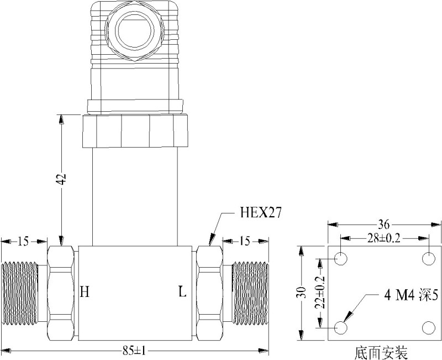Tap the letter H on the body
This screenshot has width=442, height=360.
pyautogui.click(x=85, y=291)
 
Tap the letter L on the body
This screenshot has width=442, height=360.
pyautogui.click(x=182, y=291)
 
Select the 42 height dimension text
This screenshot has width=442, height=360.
pyautogui.click(x=62, y=179)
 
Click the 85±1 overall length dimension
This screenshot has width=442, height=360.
pyautogui.click(x=134, y=350)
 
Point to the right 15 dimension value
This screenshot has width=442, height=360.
pyautogui.click(x=245, y=241)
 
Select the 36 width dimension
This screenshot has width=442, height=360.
pyautogui.click(x=384, y=225)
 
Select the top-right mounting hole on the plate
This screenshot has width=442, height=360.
pyautogui.click(x=429, y=259)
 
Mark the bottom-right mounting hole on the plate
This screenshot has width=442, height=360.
pyautogui.click(x=429, y=328)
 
